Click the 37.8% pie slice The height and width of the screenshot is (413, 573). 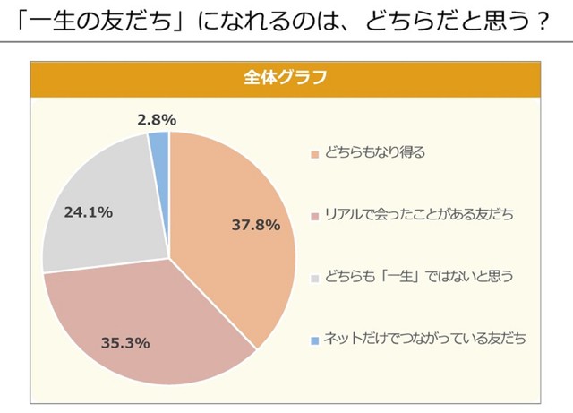(x=242, y=206)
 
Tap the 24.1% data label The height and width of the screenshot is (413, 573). (x=88, y=212)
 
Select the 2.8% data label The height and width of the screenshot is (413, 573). (x=157, y=118)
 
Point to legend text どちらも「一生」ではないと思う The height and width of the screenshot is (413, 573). (x=417, y=277)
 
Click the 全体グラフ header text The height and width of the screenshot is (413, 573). (x=285, y=77)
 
